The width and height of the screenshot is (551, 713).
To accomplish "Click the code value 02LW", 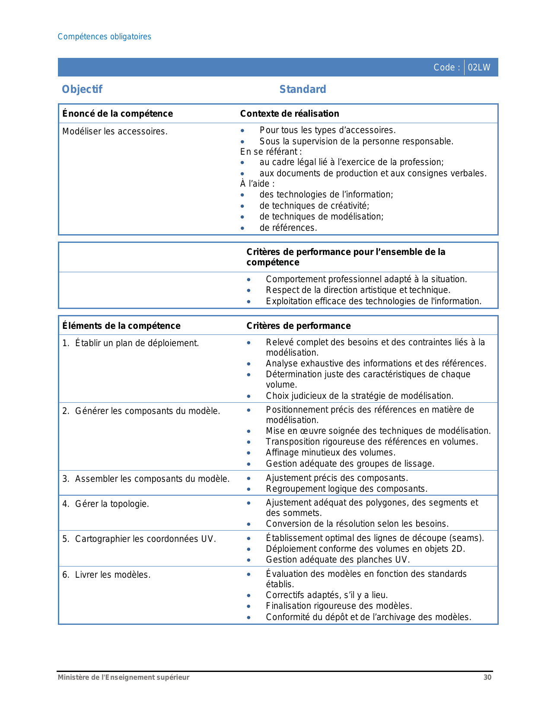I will coord(479,67).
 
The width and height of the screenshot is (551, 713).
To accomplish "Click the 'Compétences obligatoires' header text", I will coord(104,37).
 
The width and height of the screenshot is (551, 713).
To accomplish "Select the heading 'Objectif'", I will coord(82,89).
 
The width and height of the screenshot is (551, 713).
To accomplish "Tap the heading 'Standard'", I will coord(303,89).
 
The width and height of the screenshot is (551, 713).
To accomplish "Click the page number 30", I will coord(487,677).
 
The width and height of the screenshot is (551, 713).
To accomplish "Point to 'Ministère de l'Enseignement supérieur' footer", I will coord(124,677).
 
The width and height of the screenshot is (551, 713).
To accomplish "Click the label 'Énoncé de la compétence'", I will coord(118,114).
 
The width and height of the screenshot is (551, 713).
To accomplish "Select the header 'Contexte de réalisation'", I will coord(290,114).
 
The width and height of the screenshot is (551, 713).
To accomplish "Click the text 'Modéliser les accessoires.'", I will coord(115,131).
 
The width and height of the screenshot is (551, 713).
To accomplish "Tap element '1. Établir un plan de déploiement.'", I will coord(131,343).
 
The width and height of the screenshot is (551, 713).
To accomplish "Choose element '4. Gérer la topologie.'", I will coord(105,504).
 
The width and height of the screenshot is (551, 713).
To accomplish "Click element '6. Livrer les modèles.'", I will coord(106,575).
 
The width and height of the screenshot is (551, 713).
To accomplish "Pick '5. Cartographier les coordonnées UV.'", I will coord(139,539).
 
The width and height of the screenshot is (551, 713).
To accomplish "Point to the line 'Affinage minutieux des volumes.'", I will coord(331,452).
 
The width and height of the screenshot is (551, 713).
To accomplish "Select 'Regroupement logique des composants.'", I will coord(347,489).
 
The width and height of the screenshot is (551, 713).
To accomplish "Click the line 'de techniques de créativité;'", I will coord(314,206).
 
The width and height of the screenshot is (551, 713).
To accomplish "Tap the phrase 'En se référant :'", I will coord(271,152).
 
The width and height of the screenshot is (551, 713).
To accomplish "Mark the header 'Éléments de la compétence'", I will coord(121,326).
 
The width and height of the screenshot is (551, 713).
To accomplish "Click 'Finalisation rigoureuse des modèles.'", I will coord(339,606).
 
